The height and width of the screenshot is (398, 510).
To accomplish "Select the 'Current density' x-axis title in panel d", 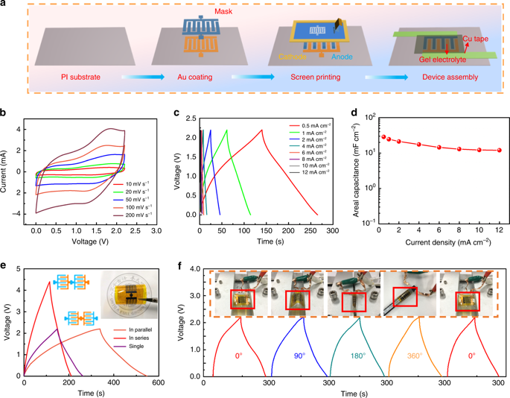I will click(427, 242).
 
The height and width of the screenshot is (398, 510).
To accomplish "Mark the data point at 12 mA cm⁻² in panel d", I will click(499, 150).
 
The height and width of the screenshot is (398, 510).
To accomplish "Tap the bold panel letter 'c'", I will click(176, 113).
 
